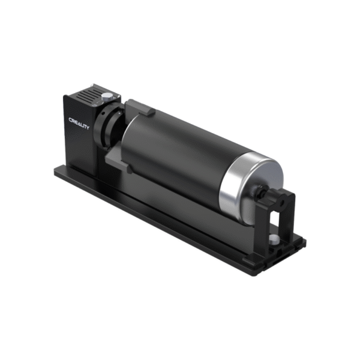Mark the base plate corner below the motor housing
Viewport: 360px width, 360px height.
click(x=57, y=172)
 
